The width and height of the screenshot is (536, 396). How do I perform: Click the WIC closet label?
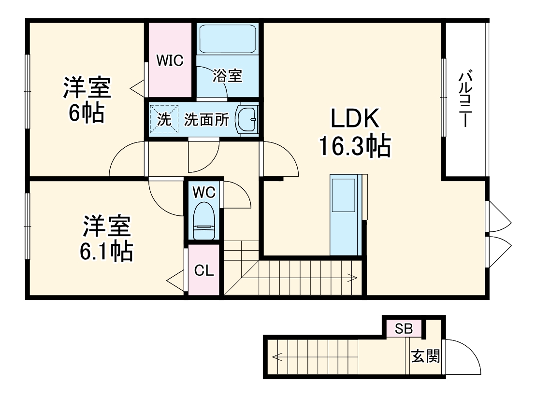point(170,60)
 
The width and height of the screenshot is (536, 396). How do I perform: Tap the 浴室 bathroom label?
point(228,76)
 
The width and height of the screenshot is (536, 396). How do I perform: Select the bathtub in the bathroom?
point(227,39)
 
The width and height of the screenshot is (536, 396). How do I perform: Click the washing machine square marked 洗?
point(164,119)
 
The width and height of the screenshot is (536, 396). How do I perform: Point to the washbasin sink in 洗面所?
point(247,119)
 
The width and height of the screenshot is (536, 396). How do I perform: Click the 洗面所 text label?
point(206,120)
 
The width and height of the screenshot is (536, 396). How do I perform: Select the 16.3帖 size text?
point(354,146)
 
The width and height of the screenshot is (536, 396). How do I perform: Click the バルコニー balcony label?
point(465,99)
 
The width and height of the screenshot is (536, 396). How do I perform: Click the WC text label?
point(203,192)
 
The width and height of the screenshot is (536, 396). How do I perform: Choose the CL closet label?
point(203,271)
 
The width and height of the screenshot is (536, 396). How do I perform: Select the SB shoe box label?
point(404,330)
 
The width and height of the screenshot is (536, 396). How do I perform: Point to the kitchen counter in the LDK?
point(346,215)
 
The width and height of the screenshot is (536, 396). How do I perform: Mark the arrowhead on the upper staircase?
point(354,278)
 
